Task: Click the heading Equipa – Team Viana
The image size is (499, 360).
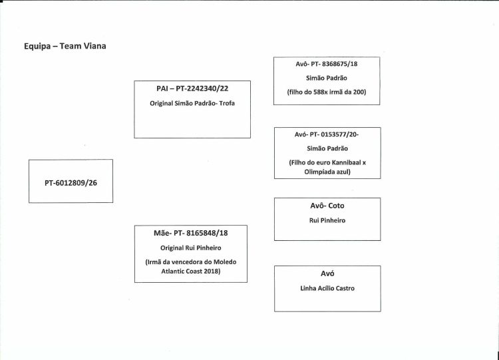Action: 65,46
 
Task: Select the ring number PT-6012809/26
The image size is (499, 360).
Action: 71,183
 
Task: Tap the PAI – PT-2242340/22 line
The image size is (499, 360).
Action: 192,89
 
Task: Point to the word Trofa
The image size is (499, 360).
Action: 227,103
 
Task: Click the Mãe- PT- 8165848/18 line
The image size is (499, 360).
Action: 191,233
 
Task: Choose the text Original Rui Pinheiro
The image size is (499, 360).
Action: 191,248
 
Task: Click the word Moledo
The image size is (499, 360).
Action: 225,262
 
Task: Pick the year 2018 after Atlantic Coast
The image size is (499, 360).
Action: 212,271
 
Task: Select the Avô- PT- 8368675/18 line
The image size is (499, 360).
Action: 327,64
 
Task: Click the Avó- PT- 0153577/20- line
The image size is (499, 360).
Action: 327,134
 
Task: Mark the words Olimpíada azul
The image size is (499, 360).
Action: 327,172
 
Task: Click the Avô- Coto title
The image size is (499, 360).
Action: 327,206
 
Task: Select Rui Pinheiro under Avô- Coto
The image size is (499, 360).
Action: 327,220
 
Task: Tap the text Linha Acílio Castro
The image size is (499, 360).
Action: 327,288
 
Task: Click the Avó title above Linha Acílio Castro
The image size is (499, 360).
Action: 327,273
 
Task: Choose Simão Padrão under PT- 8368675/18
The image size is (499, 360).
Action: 327,78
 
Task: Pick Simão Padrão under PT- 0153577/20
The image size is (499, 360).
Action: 327,148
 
